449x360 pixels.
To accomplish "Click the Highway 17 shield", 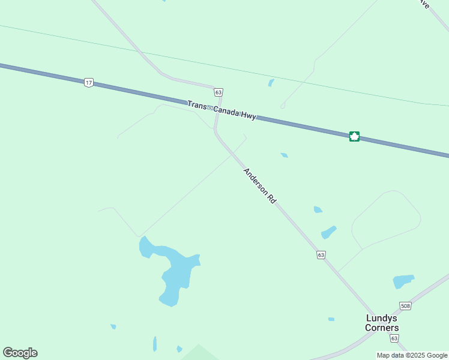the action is click(89, 83).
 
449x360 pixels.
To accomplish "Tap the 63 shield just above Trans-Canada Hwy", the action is click(218, 92).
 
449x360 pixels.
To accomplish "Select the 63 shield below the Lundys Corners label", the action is click(394, 338).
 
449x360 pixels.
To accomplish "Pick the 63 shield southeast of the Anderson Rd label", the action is click(321, 255).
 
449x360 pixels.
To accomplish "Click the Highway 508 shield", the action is click(406, 306).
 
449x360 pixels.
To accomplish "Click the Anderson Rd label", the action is click(259, 187).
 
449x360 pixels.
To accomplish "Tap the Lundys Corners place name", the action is click(382, 323).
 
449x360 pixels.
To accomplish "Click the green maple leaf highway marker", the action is click(354, 136).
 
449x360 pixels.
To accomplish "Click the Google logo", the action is click(20, 353).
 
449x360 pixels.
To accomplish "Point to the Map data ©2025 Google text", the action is click(412, 355).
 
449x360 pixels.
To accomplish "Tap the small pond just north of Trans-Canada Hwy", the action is click(271, 83).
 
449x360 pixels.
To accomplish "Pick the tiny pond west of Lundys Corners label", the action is click(331, 319).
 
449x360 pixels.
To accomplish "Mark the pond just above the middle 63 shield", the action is click(328, 232).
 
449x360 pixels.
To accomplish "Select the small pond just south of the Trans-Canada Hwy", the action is click(284, 155).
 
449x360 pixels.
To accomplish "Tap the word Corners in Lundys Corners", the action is click(382, 328).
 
